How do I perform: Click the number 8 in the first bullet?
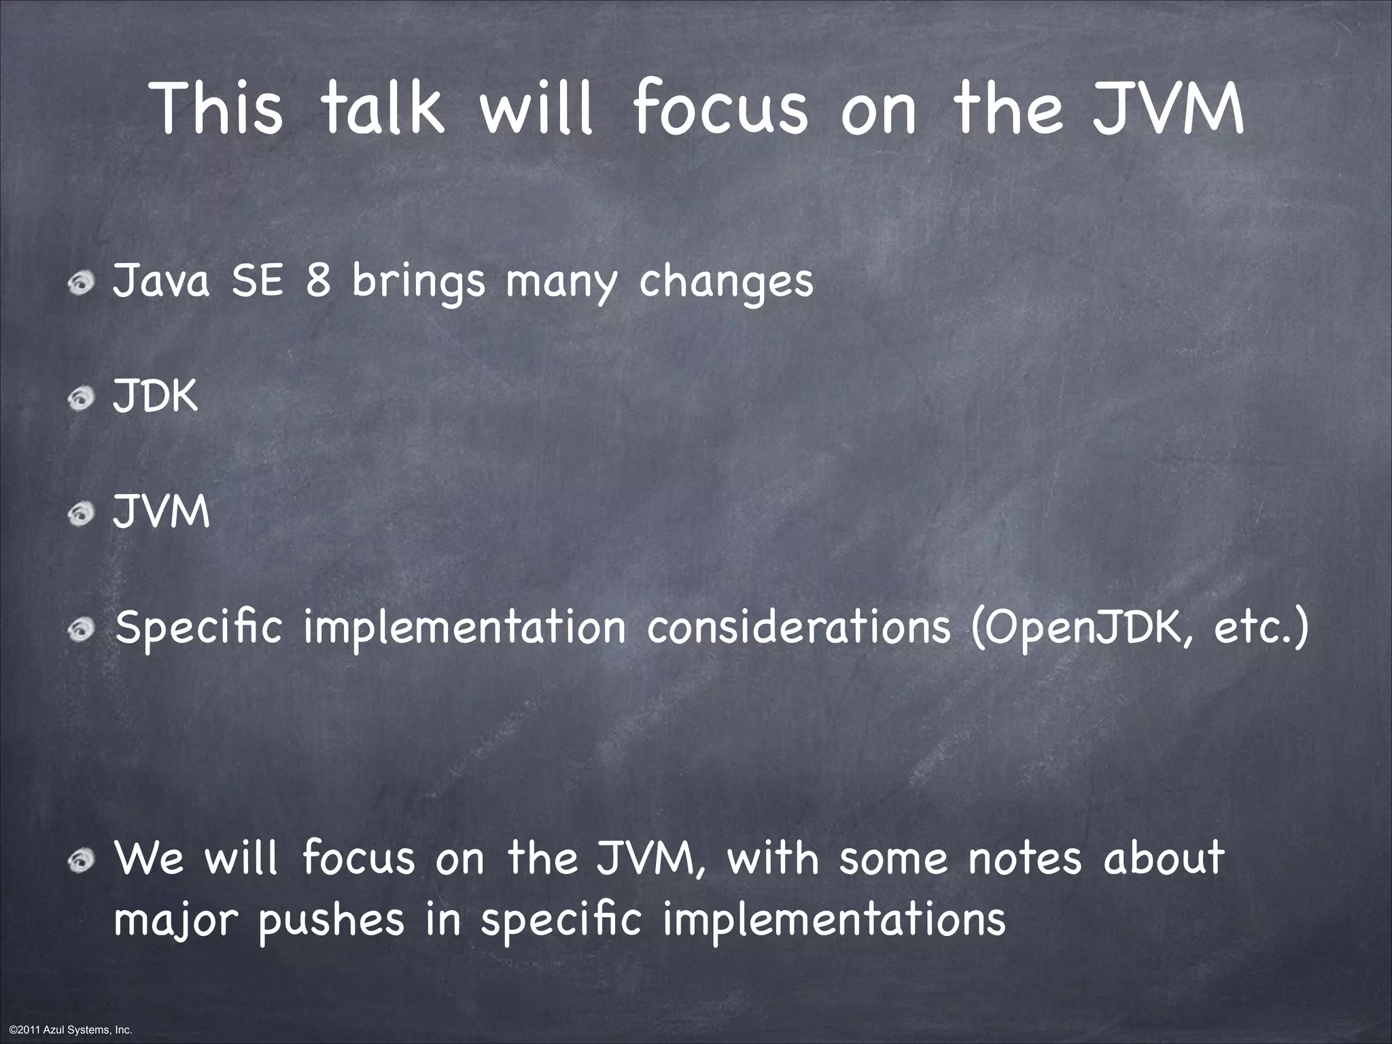(317, 281)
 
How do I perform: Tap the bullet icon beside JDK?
(82, 399)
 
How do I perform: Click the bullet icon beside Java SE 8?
(82, 284)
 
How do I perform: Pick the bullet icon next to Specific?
(82, 631)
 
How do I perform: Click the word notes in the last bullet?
(1024, 858)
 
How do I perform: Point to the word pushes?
(332, 922)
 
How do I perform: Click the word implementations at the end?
(833, 922)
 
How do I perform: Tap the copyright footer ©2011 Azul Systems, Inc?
(67, 1030)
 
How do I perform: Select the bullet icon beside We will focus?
(82, 861)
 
